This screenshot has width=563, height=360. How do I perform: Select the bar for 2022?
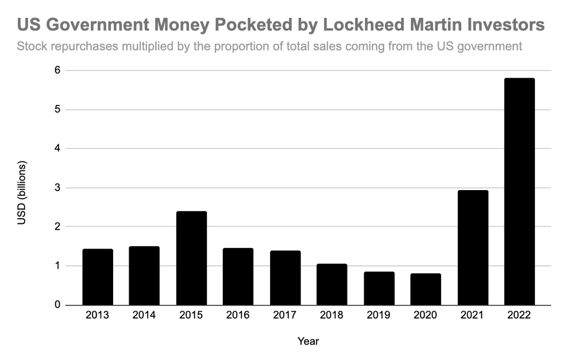point(519,191)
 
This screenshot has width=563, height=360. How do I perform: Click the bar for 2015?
point(191,258)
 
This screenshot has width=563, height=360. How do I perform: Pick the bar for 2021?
point(473,247)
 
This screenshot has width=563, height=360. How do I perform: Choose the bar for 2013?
point(98,277)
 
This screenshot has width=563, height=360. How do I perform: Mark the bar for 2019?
point(379,288)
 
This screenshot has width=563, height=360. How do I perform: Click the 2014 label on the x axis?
point(144,315)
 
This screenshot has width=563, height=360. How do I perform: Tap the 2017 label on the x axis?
point(285,315)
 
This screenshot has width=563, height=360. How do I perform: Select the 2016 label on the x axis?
point(238,315)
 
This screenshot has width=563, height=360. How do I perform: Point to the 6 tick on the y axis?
point(58,71)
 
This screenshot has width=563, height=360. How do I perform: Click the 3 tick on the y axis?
point(58,188)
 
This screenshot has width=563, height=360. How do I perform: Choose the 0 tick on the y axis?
point(58,305)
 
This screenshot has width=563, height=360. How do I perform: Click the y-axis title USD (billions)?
point(22,192)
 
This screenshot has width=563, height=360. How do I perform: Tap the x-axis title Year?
point(308,341)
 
